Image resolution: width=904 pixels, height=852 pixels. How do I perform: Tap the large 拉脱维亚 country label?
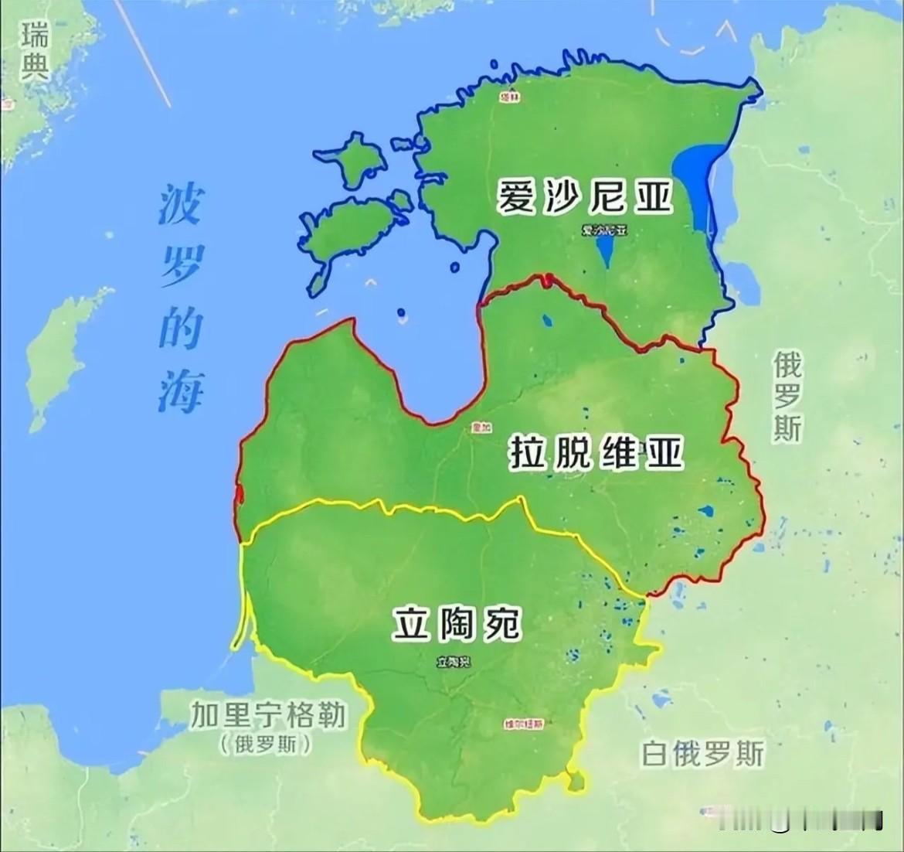(596, 452)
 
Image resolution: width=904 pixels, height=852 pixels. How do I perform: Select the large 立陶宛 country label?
(457, 624)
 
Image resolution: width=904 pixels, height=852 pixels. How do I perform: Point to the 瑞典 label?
(33, 51)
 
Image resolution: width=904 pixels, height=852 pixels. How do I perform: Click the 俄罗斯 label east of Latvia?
(788, 396)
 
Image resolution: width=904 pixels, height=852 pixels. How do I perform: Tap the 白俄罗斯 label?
(702, 752)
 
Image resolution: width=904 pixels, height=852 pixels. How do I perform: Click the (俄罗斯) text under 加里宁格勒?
(266, 745)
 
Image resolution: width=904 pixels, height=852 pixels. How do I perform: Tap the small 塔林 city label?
(508, 97)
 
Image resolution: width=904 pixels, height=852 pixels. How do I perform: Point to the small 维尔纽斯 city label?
(523, 724)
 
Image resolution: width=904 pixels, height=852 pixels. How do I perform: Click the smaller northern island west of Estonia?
(355, 158)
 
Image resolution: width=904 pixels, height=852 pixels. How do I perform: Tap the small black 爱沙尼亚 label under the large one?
(606, 230)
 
